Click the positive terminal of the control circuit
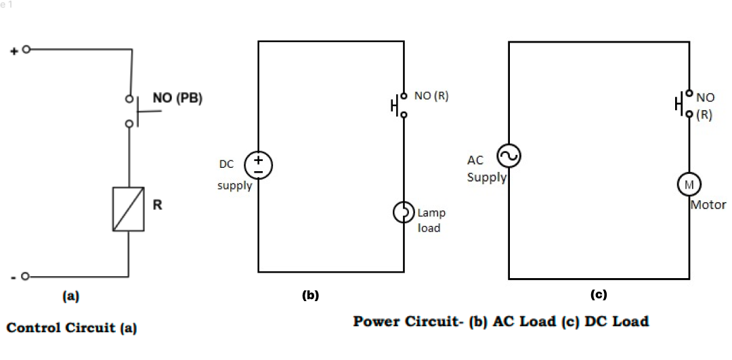coord(26,49)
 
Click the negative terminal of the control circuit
coord(26,276)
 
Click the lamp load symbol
coord(404,212)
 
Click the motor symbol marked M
coord(689,183)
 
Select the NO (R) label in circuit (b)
coord(431,96)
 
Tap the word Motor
coord(708,204)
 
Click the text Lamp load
coord(431,221)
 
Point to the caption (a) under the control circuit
coord(70,295)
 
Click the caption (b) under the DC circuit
coord(309,295)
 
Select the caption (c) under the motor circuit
coord(599,294)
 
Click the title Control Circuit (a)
coord(71,328)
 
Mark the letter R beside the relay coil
coord(157,205)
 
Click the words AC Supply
coord(486,169)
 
